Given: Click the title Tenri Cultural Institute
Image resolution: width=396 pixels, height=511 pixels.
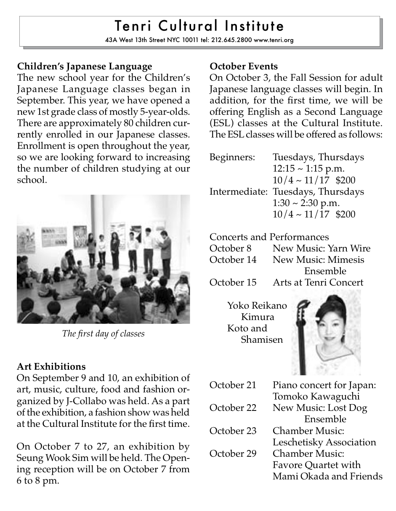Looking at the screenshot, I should tap(199, 26).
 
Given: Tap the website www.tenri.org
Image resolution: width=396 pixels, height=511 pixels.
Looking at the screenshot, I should tap(274, 40).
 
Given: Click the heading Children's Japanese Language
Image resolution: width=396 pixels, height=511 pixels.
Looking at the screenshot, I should tap(85, 66).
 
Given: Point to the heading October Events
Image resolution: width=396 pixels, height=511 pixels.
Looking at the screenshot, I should tap(244, 66).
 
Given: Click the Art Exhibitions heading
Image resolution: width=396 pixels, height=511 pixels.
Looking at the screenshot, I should tap(51, 367).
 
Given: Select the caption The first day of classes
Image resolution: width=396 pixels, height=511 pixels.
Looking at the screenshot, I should tap(103, 334).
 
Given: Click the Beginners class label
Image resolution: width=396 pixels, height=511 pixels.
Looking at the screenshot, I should tap(232, 158).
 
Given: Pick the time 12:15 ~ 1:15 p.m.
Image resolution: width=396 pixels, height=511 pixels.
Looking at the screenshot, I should tap(308, 169).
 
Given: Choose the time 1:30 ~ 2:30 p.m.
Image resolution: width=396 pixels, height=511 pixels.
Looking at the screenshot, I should tap(306, 203).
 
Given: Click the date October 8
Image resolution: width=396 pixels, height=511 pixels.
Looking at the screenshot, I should tap(230, 249).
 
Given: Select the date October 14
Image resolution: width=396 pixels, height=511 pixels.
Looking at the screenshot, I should tap(233, 260).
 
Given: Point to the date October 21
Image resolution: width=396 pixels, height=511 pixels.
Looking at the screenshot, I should tap(233, 385).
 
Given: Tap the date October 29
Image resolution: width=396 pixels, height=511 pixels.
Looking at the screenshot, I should tap(233, 454).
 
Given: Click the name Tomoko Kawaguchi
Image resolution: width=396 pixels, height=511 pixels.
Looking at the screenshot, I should tap(316, 397).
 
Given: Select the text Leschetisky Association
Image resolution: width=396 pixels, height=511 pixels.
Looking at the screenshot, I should tap(324, 442).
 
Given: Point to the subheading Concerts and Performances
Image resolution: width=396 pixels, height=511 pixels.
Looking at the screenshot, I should tap(269, 237).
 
